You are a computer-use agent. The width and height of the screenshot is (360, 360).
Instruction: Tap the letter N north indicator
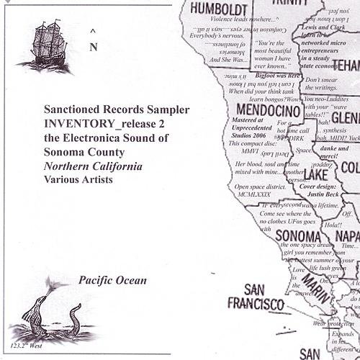tap(93, 48)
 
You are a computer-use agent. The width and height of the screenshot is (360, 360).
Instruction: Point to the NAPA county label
tap(346, 236)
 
